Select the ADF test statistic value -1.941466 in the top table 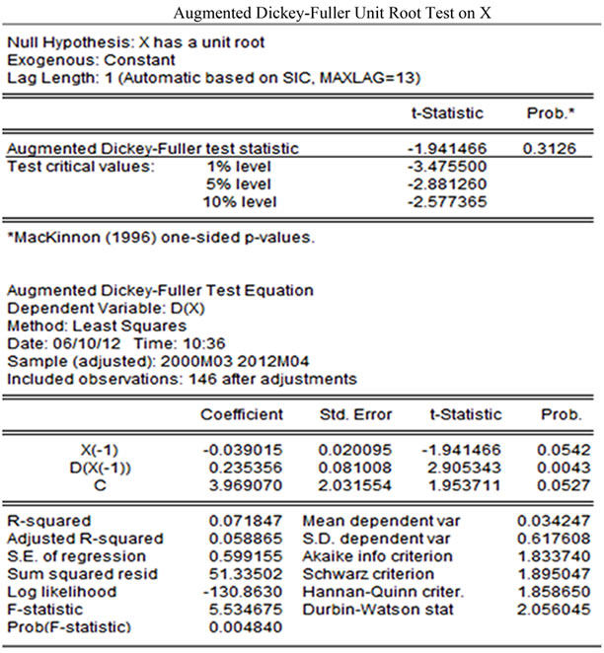pyautogui.click(x=444, y=149)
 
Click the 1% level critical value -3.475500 pyautogui.click(x=444, y=167)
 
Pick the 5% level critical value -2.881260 pyautogui.click(x=444, y=184)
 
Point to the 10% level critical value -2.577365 pyautogui.click(x=444, y=202)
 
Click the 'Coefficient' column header pyautogui.click(x=241, y=415)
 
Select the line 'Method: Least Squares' pyautogui.click(x=81, y=326)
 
